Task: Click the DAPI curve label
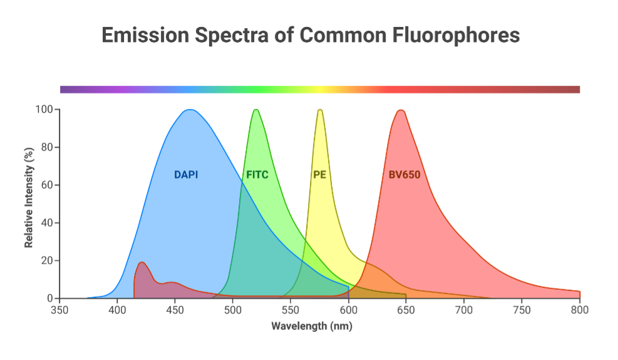pyautogui.click(x=186, y=175)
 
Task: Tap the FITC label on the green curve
pyautogui.click(x=257, y=175)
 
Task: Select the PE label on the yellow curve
pyautogui.click(x=319, y=175)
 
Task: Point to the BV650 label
pyautogui.click(x=404, y=175)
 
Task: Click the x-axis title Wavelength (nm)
pyautogui.click(x=312, y=326)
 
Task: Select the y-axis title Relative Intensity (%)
pyautogui.click(x=29, y=198)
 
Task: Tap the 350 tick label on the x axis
pyautogui.click(x=59, y=310)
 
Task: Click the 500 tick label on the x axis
pyautogui.click(x=233, y=310)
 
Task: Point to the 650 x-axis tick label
pyautogui.click(x=406, y=310)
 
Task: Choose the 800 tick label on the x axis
pyautogui.click(x=580, y=310)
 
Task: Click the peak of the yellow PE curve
pyautogui.click(x=320, y=110)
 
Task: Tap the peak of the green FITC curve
pyautogui.click(x=255, y=110)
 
